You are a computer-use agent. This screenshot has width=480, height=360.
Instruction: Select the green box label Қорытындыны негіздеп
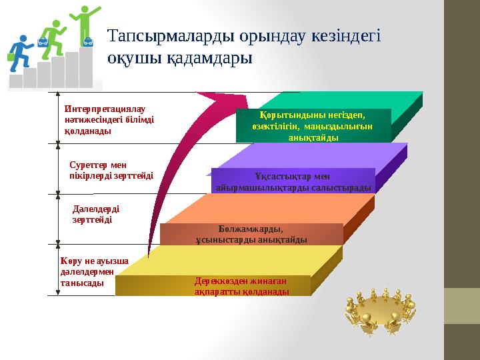[313, 125]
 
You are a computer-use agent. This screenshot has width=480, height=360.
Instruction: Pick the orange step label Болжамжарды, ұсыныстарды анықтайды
[251, 234]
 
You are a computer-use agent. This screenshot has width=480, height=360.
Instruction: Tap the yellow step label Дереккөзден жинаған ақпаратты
[242, 286]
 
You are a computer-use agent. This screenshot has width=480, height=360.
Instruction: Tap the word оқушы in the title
[130, 58]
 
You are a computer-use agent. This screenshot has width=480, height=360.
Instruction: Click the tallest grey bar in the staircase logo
[86, 69]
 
